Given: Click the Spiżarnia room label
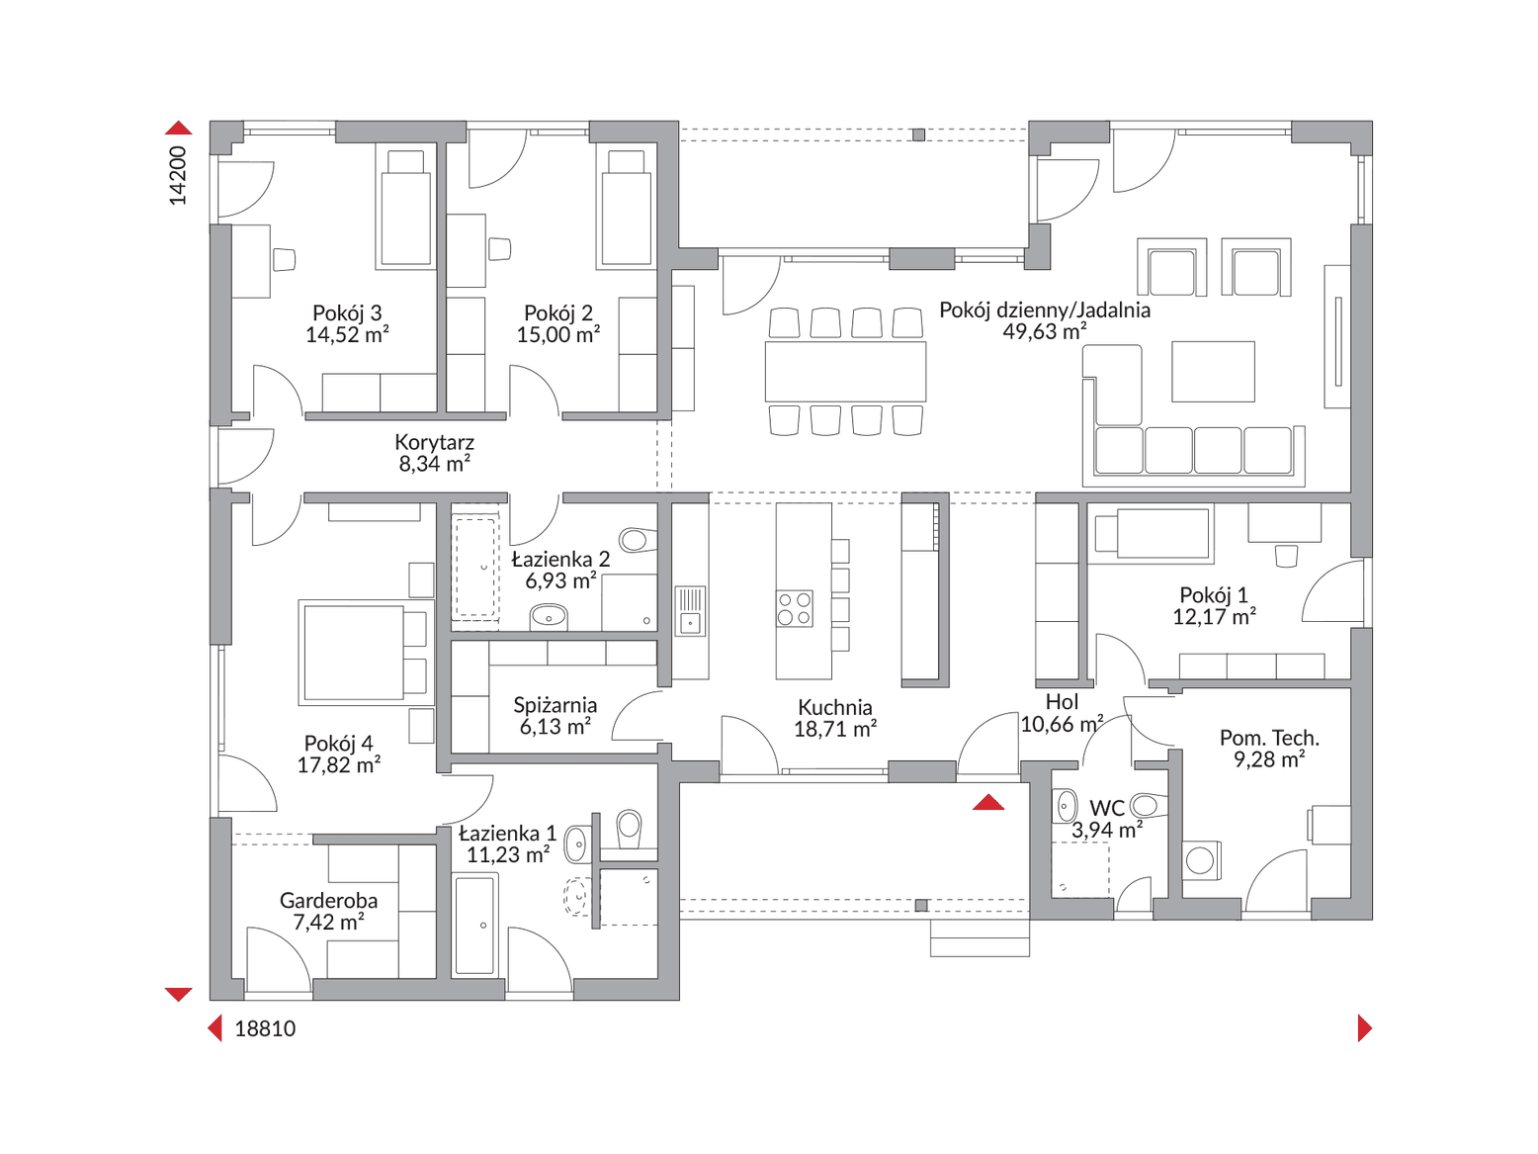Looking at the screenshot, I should (x=555, y=705).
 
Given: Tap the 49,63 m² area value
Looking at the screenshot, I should (x=1044, y=332).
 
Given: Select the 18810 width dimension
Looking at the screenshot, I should (x=265, y=1028).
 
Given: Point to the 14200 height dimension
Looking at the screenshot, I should (x=178, y=176).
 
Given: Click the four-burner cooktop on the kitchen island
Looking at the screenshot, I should (x=794, y=608).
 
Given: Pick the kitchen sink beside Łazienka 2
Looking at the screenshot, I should (x=690, y=611).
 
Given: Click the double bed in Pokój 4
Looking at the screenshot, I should (x=353, y=653).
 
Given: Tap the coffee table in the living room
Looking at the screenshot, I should (x=1213, y=372).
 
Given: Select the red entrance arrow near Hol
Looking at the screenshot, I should (x=988, y=802).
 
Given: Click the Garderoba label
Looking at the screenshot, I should (x=328, y=901).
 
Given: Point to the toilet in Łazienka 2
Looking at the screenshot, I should (x=637, y=539).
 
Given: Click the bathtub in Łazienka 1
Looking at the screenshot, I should (x=475, y=925).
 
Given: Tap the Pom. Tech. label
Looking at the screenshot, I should (x=1269, y=738).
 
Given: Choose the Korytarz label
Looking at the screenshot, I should (x=434, y=442).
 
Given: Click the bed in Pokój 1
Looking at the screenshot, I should (x=1153, y=534).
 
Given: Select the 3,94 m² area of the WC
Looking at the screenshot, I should (x=1106, y=831).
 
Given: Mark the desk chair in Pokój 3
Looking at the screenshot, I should (x=284, y=259).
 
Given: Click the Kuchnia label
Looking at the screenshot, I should (x=835, y=707).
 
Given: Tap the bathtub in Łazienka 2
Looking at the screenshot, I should (x=475, y=567).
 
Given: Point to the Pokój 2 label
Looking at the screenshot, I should (x=558, y=312).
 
